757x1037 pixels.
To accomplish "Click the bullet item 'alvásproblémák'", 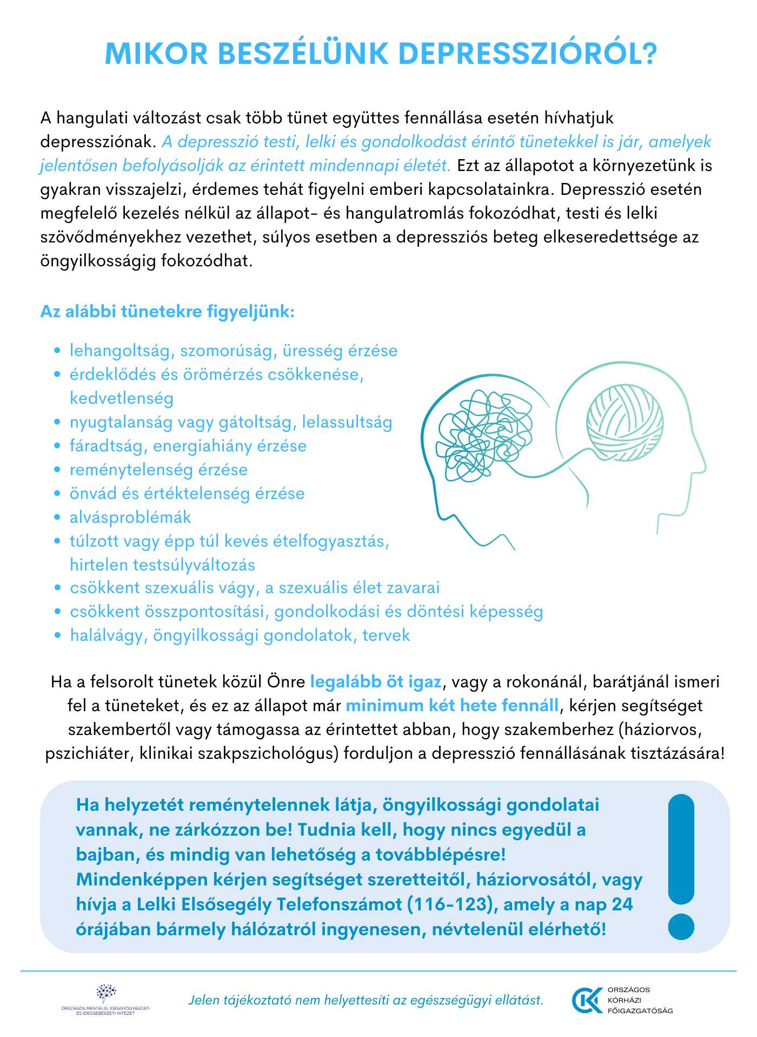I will pos(130,517).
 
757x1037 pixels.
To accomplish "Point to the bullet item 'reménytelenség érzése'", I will pos(158,469).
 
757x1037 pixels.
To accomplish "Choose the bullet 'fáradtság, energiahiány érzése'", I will pos(188,445).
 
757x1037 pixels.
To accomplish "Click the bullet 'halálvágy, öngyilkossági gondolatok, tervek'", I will pos(240,635).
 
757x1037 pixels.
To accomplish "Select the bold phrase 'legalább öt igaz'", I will pos(376,681).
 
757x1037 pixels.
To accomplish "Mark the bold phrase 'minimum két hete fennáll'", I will pos(452,705).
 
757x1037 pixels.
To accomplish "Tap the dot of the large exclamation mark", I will pos(681,927).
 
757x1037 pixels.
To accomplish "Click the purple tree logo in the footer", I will pos(106,992).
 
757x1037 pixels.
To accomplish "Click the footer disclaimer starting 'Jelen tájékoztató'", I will pos(366,1000).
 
